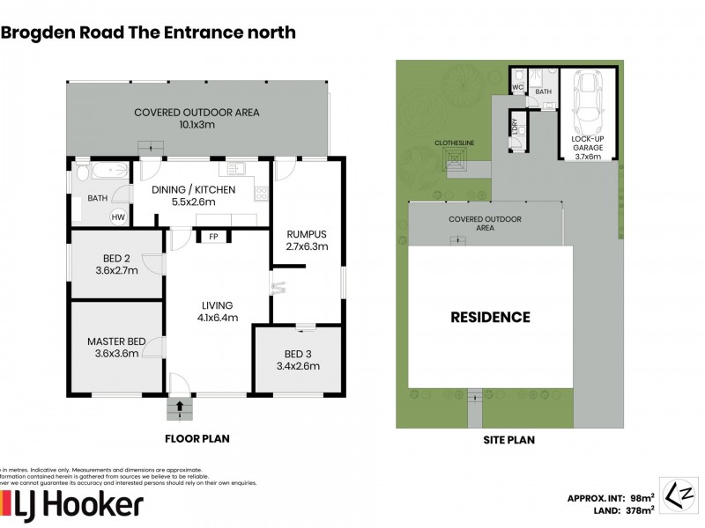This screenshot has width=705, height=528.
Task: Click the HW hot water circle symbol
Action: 117,216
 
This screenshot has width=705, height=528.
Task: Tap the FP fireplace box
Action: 213,236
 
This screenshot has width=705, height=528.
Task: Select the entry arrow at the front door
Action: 180,407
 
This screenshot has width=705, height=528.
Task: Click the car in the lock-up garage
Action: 588,100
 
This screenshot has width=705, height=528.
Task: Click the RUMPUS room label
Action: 307,234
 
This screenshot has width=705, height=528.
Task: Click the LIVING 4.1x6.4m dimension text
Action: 218,319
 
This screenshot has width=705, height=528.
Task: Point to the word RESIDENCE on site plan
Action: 491,317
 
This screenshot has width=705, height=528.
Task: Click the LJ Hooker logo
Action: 73,505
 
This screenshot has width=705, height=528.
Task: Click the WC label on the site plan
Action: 518,87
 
